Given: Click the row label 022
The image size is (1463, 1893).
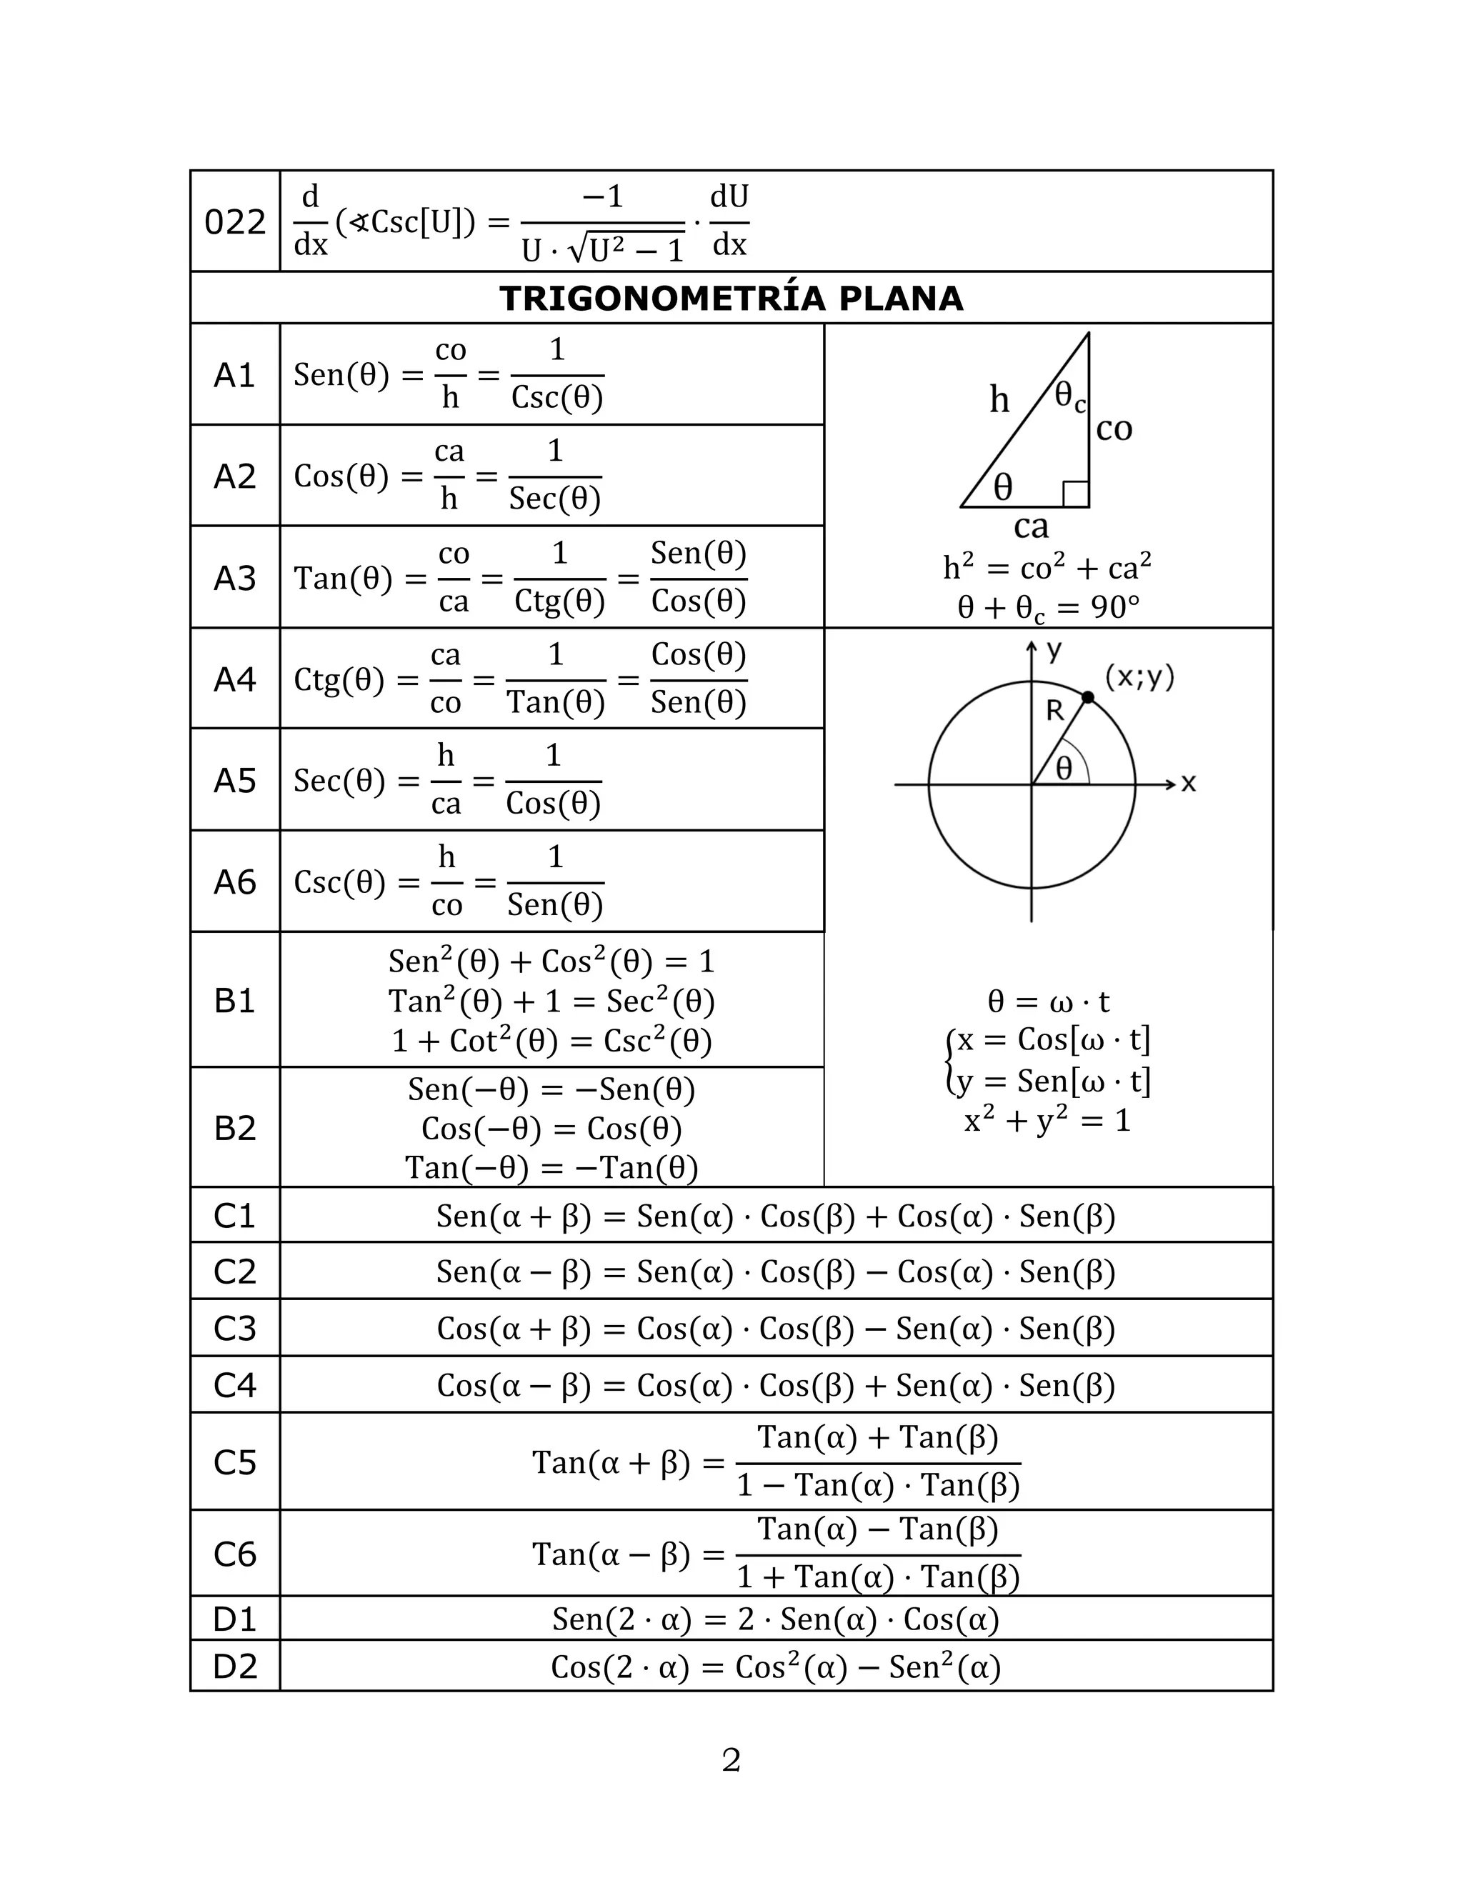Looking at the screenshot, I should (x=234, y=223).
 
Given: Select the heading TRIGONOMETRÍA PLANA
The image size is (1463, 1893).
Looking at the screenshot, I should (x=731, y=298).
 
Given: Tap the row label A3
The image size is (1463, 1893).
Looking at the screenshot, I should (x=234, y=578).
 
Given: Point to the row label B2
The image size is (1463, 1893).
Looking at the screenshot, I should (x=234, y=1129).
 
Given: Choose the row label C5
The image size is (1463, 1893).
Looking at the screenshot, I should (x=234, y=1463).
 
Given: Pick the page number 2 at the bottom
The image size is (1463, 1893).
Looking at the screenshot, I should (x=731, y=1760).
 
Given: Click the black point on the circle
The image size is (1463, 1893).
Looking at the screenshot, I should (x=1088, y=697).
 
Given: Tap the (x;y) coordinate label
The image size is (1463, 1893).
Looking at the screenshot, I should (x=1139, y=676).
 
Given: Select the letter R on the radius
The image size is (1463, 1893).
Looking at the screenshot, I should (x=1054, y=711).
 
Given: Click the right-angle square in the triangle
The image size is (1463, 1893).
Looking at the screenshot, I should (x=1076, y=494).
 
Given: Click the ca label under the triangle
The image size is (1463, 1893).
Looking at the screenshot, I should (x=1031, y=526).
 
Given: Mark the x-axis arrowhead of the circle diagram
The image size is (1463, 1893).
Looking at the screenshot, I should (x=1170, y=784).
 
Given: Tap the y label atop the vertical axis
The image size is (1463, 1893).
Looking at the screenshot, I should (x=1054, y=650).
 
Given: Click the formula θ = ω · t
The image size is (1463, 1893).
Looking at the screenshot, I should (x=1048, y=1002).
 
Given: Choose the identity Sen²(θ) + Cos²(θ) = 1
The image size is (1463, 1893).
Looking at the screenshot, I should (x=551, y=962).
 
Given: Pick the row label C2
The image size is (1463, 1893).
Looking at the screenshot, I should (x=234, y=1272).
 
